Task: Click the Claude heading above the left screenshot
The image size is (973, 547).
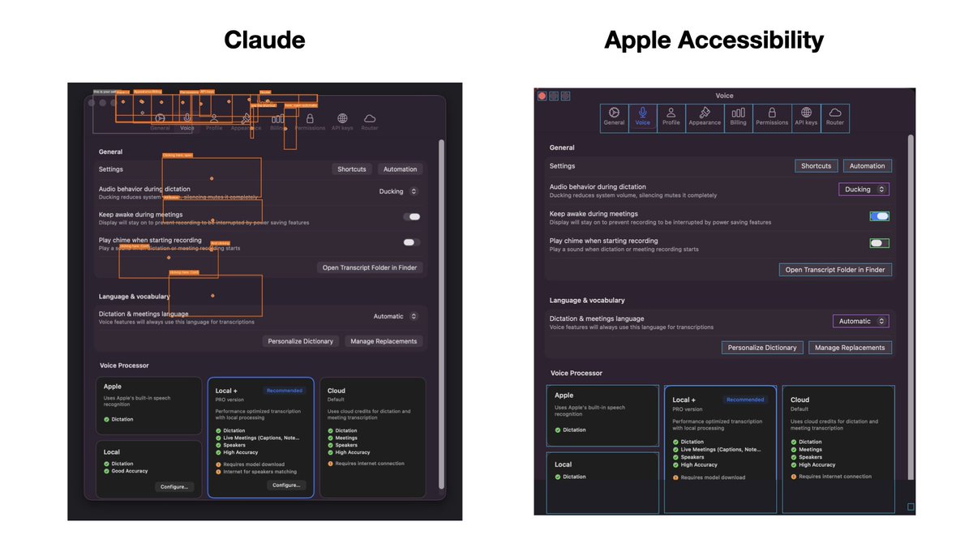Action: pyautogui.click(x=264, y=40)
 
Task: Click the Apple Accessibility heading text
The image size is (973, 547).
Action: pyautogui.click(x=714, y=40)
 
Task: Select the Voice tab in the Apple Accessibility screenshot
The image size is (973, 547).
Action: pyautogui.click(x=642, y=117)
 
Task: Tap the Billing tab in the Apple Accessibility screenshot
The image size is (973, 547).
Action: pyautogui.click(x=738, y=117)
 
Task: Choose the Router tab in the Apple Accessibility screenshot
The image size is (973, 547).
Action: pyautogui.click(x=834, y=117)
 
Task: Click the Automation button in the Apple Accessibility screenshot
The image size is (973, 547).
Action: pyautogui.click(x=867, y=166)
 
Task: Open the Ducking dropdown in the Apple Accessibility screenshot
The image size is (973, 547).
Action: pyautogui.click(x=863, y=190)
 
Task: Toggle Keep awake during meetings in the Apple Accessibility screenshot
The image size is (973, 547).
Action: pyautogui.click(x=879, y=216)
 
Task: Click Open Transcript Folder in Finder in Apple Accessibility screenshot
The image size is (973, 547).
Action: pyautogui.click(x=835, y=270)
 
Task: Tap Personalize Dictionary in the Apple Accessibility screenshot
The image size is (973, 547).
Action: pyautogui.click(x=762, y=348)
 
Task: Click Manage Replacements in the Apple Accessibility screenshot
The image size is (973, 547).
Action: pyautogui.click(x=850, y=348)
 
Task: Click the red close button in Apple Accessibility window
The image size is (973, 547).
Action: pyautogui.click(x=542, y=96)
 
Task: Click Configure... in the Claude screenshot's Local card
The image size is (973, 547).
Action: pyautogui.click(x=174, y=487)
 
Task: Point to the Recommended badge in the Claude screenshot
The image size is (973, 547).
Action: pyautogui.click(x=285, y=391)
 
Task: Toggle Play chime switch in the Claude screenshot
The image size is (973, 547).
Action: pyautogui.click(x=412, y=242)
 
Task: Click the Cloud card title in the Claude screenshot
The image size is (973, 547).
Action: pyautogui.click(x=336, y=391)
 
